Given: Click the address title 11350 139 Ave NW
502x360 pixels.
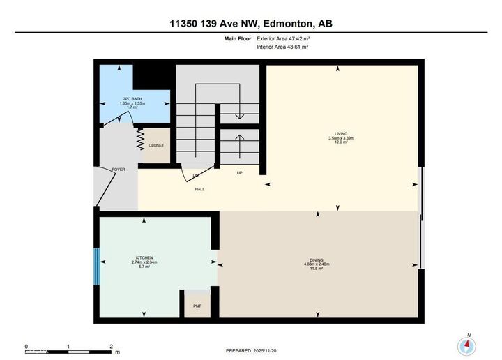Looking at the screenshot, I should click(x=251, y=23).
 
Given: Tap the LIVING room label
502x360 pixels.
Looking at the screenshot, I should click(x=340, y=133).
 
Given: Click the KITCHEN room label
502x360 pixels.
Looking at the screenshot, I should click(x=144, y=257).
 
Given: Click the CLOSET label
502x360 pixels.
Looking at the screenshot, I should click(x=156, y=145).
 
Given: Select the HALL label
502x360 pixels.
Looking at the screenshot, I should click(x=199, y=188).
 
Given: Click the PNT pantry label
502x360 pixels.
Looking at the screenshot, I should click(x=197, y=306).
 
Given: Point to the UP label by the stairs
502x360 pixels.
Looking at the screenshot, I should click(x=240, y=172).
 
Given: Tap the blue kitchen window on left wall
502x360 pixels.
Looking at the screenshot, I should click(x=98, y=262).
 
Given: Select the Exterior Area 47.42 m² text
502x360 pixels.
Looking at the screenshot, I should click(x=283, y=39).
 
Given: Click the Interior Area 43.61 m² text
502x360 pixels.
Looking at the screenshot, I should click(x=282, y=47).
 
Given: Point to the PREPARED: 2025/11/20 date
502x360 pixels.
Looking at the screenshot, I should click(x=252, y=350).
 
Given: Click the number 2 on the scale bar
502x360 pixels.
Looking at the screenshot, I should click(x=111, y=346).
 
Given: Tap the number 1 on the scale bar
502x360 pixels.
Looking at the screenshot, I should click(x=68, y=346).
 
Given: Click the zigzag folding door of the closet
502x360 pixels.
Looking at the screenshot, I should click(x=140, y=142).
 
